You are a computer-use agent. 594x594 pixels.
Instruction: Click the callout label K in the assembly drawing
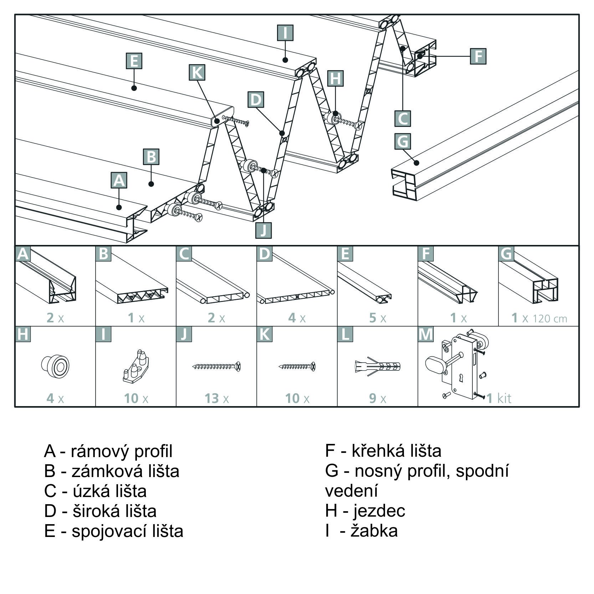click(197, 72)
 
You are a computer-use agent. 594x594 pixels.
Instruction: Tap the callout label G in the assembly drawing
click(403, 141)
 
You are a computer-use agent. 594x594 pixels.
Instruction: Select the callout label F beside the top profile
click(478, 56)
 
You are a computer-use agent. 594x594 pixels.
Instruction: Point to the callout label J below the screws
click(263, 230)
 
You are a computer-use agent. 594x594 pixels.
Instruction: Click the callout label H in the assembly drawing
click(335, 78)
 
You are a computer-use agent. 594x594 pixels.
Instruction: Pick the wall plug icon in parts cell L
click(378, 367)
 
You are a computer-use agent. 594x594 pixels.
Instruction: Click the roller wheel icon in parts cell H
click(55, 366)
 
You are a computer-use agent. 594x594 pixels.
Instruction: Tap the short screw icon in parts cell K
click(297, 366)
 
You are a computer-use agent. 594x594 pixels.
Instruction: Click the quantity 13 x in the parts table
click(216, 398)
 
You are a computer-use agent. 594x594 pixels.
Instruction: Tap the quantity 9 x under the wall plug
click(378, 398)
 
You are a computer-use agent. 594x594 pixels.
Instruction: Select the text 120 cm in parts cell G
click(550, 318)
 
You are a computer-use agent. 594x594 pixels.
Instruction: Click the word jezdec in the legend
click(379, 511)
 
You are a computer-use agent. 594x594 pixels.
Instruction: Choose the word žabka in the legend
click(374, 531)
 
